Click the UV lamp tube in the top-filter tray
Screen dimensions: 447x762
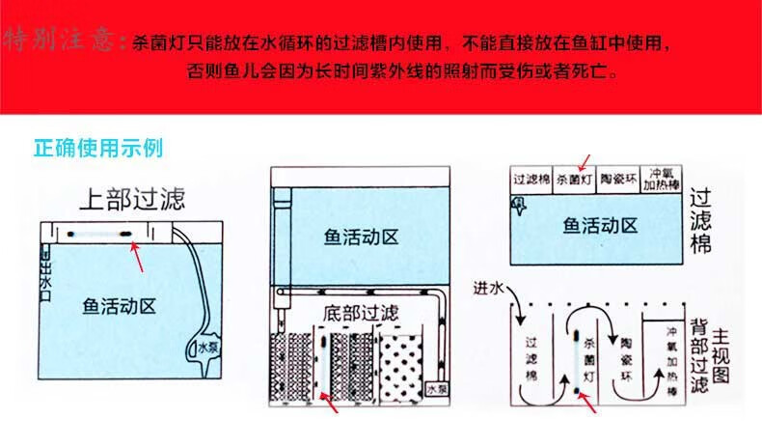click(99, 233)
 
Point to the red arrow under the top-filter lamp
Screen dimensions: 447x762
click(140, 260)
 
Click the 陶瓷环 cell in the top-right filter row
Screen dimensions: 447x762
click(620, 180)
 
